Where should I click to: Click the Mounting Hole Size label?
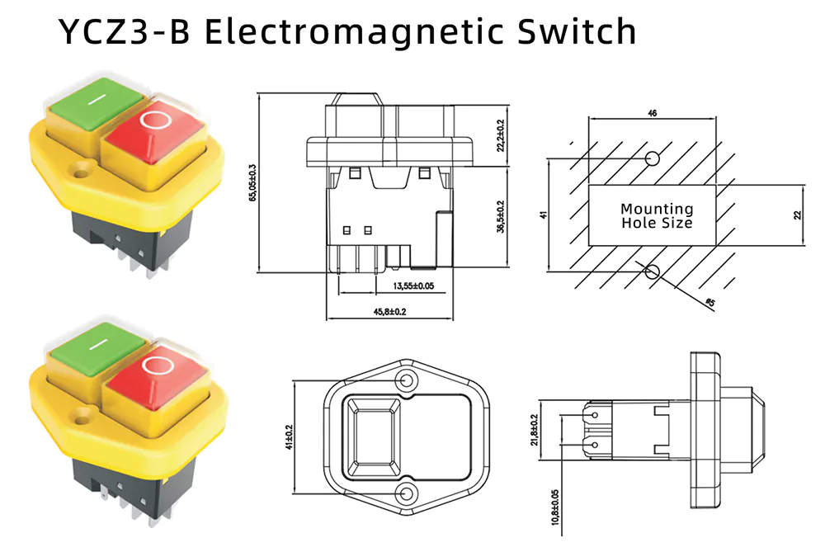657,216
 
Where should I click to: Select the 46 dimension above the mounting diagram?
652,113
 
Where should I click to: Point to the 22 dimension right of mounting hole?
798,215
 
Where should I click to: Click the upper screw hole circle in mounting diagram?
652,158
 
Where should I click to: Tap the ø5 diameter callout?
709,304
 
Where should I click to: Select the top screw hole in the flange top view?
406,380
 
